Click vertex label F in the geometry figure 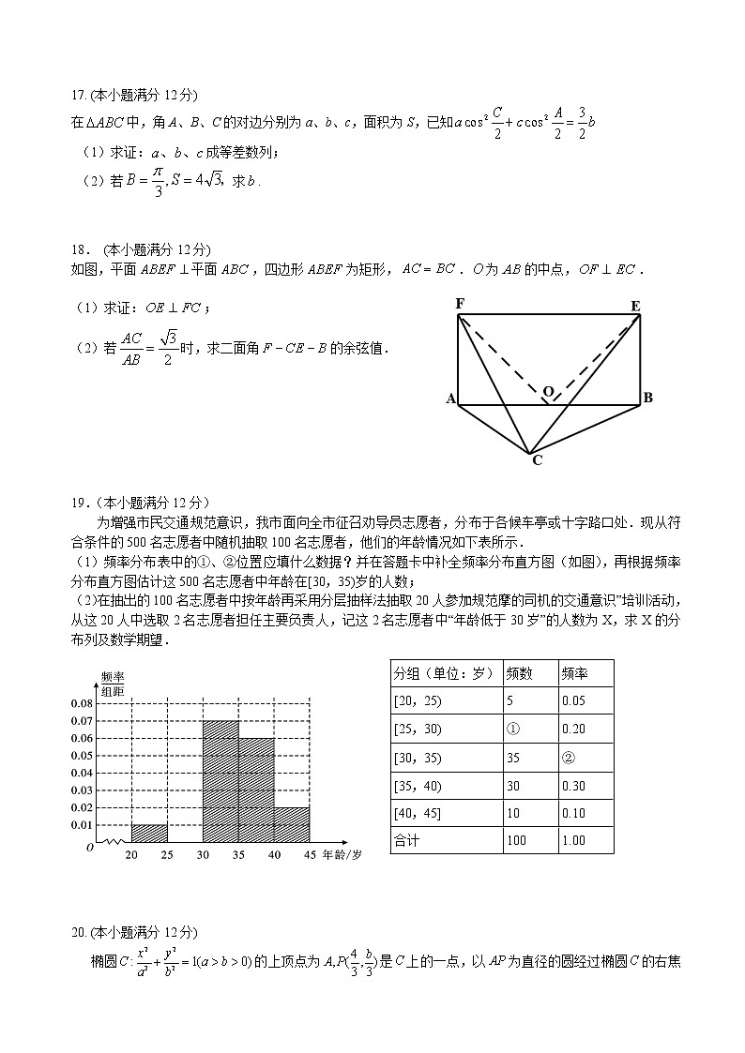pyautogui.click(x=460, y=303)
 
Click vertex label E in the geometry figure pyautogui.click(x=635, y=306)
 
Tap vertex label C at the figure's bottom pyautogui.click(x=537, y=460)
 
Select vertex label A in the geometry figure pyautogui.click(x=450, y=399)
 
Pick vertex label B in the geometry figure pyautogui.click(x=647, y=399)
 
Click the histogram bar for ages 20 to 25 pyautogui.click(x=149, y=833)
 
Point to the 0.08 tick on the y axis pyautogui.click(x=82, y=703)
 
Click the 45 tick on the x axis pyautogui.click(x=310, y=855)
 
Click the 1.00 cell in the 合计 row pyautogui.click(x=572, y=840)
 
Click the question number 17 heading pyautogui.click(x=78, y=95)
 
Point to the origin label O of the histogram pyautogui.click(x=90, y=847)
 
